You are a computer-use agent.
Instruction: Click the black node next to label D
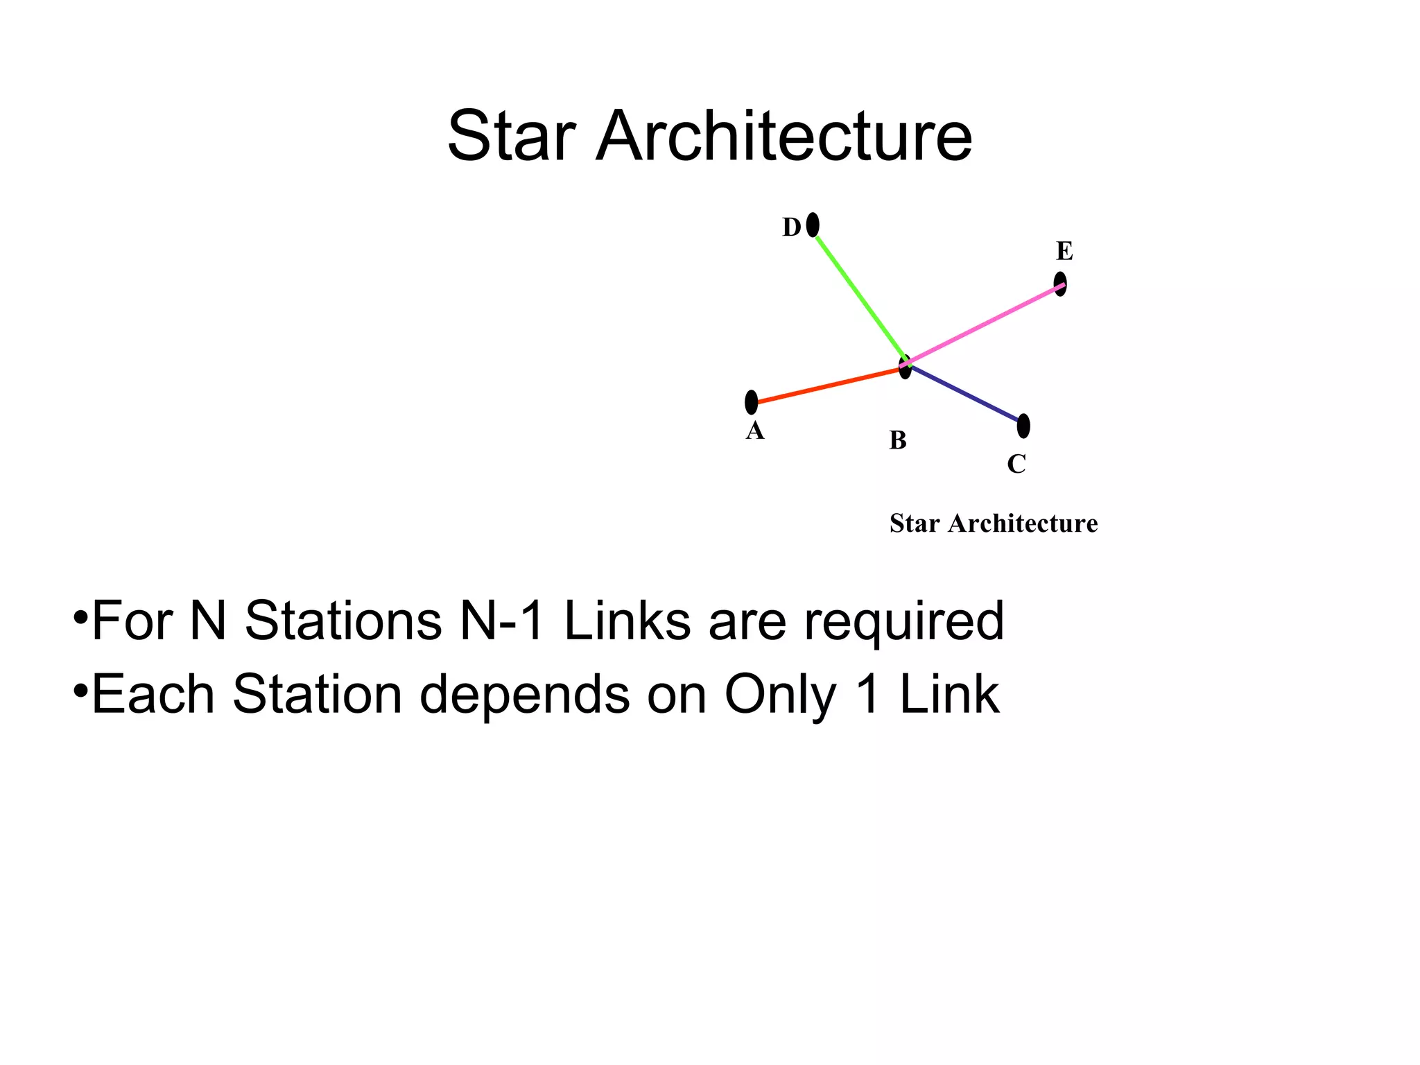point(813,225)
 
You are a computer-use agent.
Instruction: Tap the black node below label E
point(1060,284)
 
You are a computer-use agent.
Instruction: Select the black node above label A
point(751,402)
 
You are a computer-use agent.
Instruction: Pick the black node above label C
point(1023,426)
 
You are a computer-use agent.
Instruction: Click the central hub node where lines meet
point(905,366)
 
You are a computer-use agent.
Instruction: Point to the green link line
point(860,298)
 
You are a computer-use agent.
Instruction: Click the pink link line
point(985,323)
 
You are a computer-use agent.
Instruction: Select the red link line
point(829,386)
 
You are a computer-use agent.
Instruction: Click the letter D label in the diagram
point(791,227)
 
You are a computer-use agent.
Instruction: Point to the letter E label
point(1064,251)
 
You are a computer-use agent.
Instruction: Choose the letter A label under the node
point(754,431)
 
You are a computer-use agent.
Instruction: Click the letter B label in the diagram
point(898,440)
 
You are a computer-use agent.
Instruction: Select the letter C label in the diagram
point(1016,464)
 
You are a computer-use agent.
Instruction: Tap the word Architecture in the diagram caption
point(1023,523)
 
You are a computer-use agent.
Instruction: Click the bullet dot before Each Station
point(80,691)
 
